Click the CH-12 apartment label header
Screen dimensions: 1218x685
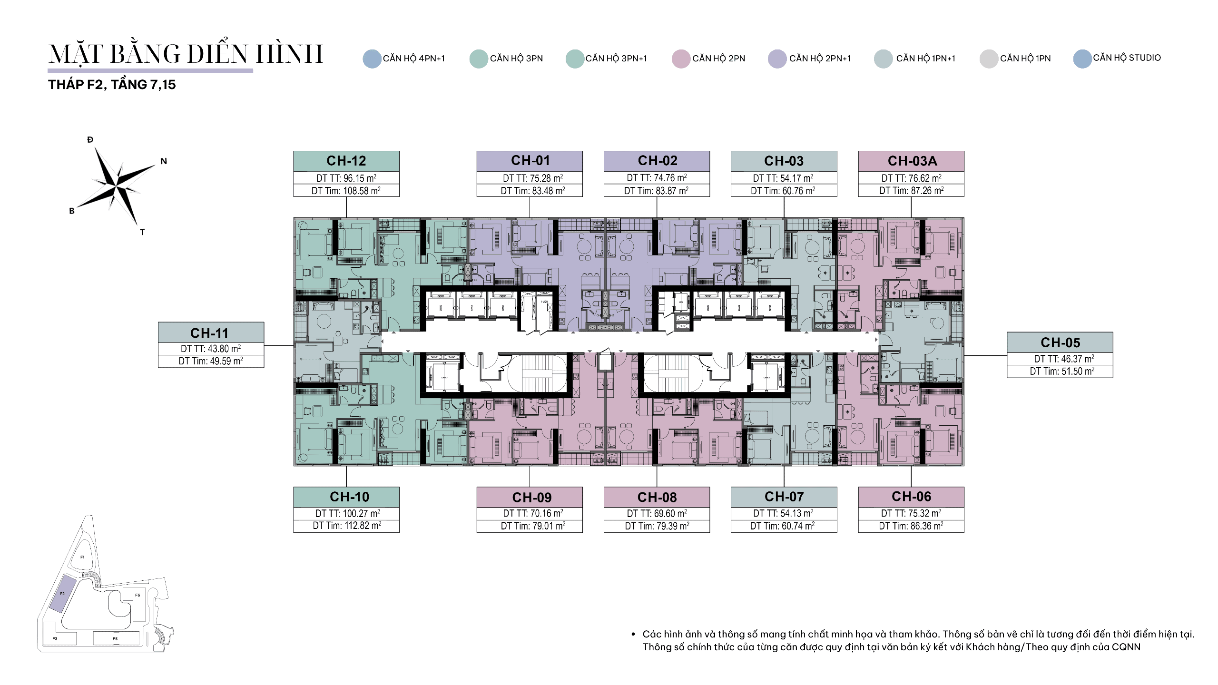[346, 161]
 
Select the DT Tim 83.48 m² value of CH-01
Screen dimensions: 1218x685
[533, 191]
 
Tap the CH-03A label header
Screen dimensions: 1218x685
[911, 161]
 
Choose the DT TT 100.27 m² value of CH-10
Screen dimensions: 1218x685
[347, 514]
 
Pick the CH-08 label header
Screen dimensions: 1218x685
[657, 497]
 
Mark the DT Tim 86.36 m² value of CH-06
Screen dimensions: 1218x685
[911, 526]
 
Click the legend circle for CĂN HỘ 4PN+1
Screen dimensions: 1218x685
[372, 59]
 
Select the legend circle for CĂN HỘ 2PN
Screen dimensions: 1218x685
[681, 59]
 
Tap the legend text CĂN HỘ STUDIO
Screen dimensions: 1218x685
[1127, 58]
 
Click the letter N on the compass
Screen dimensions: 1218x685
[164, 161]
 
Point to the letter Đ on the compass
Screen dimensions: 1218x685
[90, 140]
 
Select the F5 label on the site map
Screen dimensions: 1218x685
[115, 639]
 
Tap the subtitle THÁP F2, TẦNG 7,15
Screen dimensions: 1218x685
[112, 85]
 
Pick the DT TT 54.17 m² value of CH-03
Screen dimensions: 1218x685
[783, 178]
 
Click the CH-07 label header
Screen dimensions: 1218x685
[784, 497]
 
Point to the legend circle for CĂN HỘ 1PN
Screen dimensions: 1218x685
[989, 59]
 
